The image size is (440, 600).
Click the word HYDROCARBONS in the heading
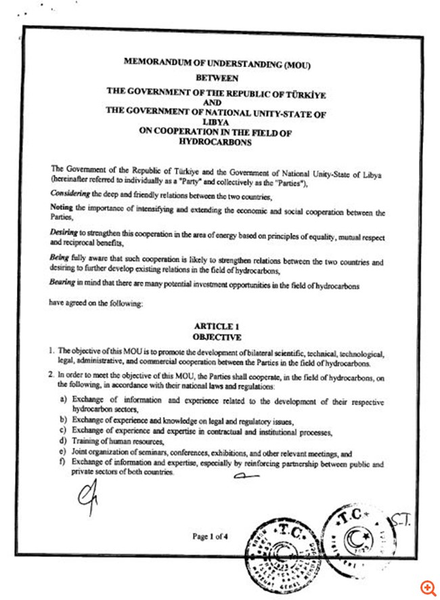pos(215,143)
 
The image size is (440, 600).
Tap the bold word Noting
pos(61,207)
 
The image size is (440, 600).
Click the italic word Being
pos(60,259)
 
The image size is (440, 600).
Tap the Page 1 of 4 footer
pos(211,537)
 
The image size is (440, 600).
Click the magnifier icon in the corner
pos(426,586)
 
